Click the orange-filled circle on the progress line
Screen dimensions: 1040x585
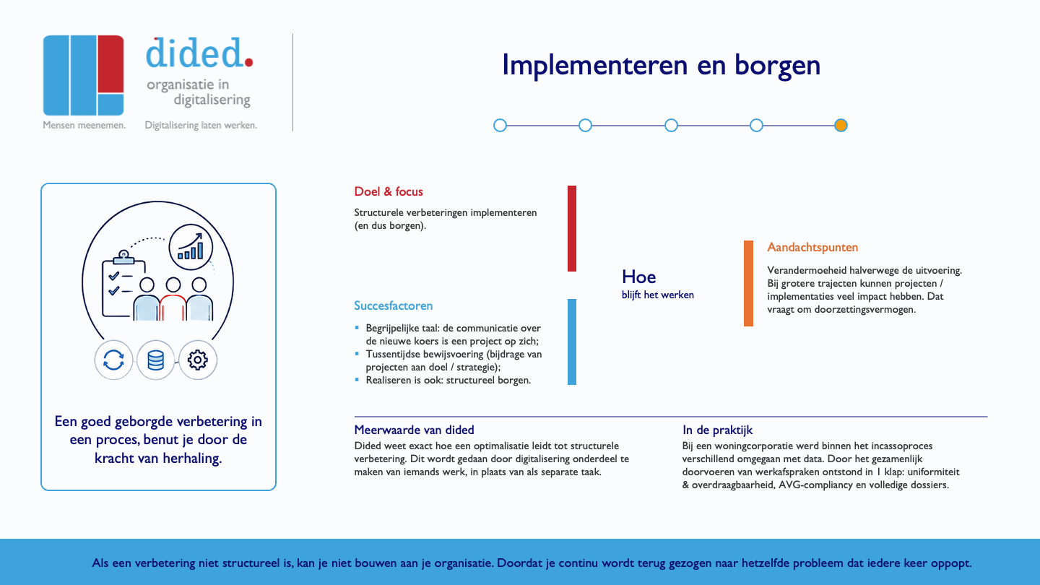[841, 126]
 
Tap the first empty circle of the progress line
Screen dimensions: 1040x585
[500, 126]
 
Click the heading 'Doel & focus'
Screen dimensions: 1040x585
[389, 191]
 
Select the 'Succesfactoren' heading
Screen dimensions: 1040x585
[393, 305]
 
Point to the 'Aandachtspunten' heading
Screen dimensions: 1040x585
[812, 248]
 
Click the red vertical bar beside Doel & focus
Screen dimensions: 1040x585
[572, 228]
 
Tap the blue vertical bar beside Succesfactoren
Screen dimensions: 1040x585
[572, 342]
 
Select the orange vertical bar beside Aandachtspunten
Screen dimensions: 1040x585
[748, 283]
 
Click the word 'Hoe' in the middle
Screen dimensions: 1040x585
[639, 277]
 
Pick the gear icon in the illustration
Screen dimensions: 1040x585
[198, 360]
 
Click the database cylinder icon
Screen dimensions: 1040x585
[155, 360]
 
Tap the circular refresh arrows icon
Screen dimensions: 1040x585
[114, 360]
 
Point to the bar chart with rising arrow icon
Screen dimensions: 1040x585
[191, 247]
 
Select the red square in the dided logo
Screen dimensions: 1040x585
[110, 64]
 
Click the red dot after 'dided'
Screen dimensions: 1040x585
[248, 62]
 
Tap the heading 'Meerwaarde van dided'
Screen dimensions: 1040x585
[414, 430]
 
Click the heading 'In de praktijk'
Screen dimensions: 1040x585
[717, 430]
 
